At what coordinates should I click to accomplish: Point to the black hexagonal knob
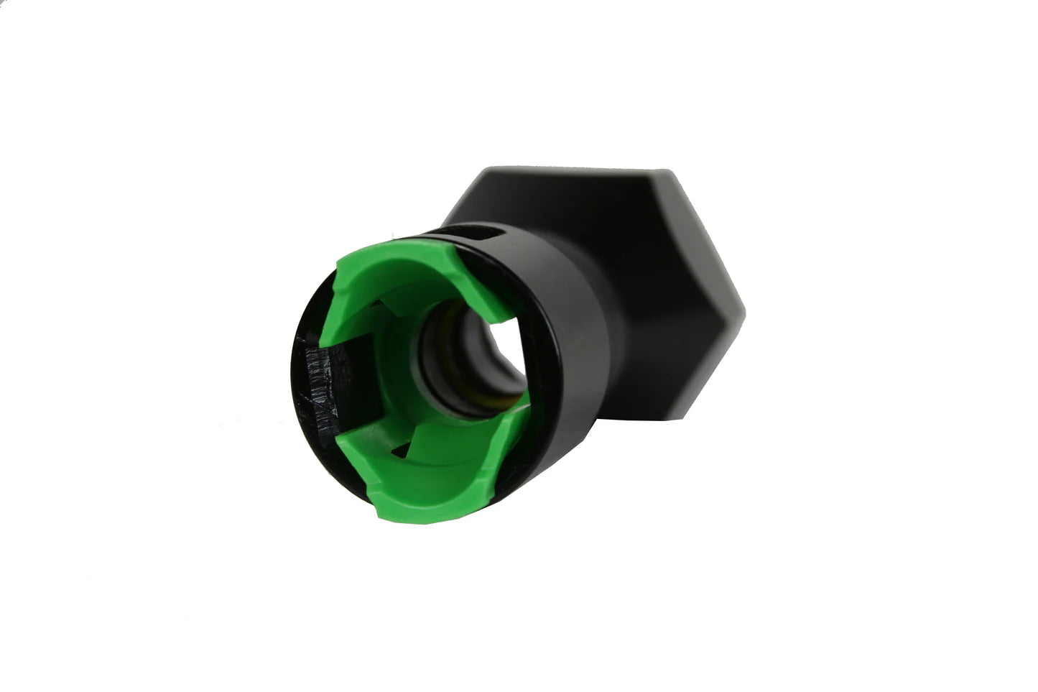pyautogui.click(x=632, y=273)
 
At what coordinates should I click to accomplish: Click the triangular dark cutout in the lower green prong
pyautogui.click(x=399, y=452)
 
